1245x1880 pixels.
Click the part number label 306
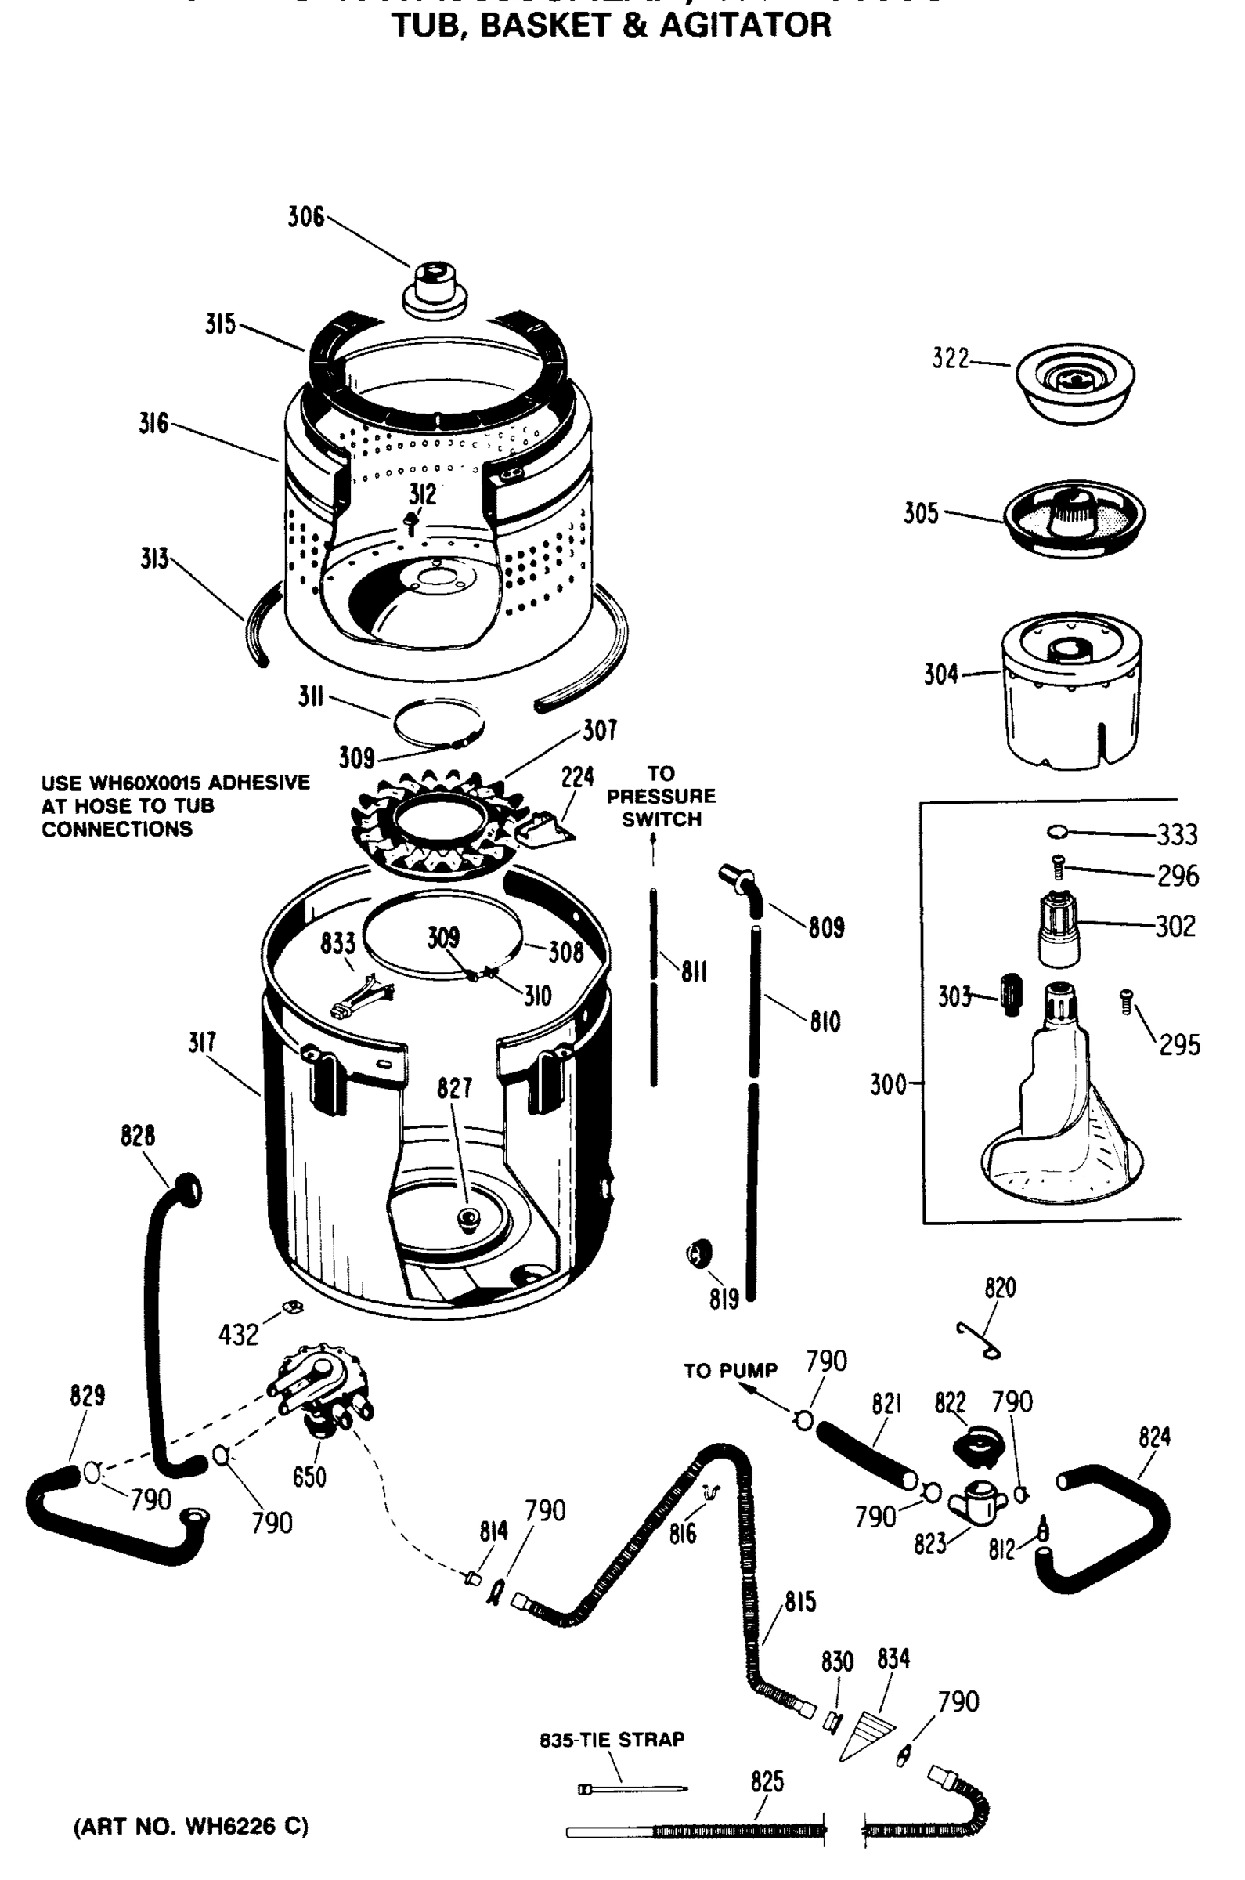pyautogui.click(x=305, y=216)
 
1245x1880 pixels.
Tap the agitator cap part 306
pyautogui.click(x=434, y=290)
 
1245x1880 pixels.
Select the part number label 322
pyautogui.click(x=951, y=359)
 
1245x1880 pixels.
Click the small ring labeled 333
pyautogui.click(x=1056, y=832)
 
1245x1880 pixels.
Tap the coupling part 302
pyautogui.click(x=1059, y=928)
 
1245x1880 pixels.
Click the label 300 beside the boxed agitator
pyautogui.click(x=888, y=1084)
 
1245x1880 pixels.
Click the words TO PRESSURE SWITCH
pyautogui.click(x=661, y=796)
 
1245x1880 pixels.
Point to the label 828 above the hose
pyautogui.click(x=137, y=1136)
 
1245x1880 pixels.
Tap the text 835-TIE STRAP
pyautogui.click(x=612, y=1740)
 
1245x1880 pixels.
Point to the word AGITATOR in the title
pyautogui.click(x=745, y=25)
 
